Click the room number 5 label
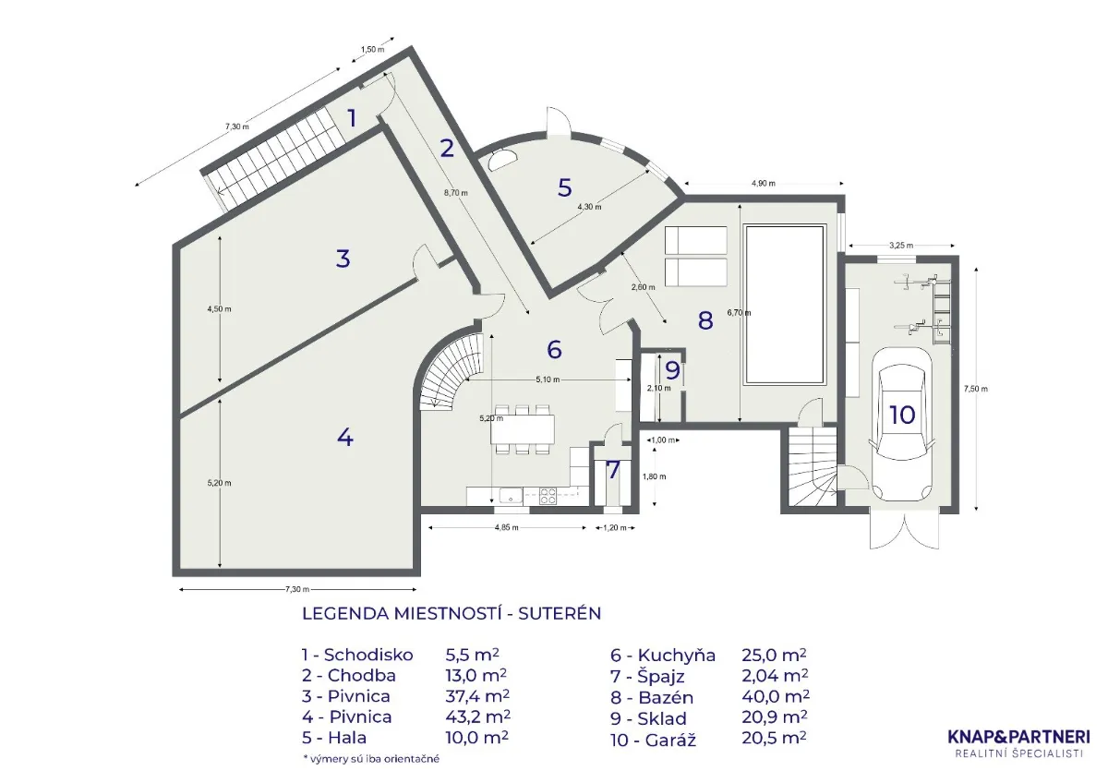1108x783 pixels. pyautogui.click(x=564, y=187)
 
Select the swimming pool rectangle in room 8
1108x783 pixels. pyautogui.click(x=786, y=305)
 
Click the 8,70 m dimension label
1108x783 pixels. pyautogui.click(x=455, y=193)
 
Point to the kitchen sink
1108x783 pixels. pyautogui.click(x=511, y=495)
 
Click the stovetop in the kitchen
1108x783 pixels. pyautogui.click(x=547, y=496)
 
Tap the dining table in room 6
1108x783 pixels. pyautogui.click(x=523, y=428)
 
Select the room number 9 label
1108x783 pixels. pyautogui.click(x=672, y=369)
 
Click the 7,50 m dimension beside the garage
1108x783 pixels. pyautogui.click(x=975, y=389)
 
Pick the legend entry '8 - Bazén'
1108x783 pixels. pyautogui.click(x=652, y=697)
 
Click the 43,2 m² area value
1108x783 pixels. pyautogui.click(x=477, y=717)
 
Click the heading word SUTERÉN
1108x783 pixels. pyautogui.click(x=560, y=613)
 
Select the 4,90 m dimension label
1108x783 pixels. pyautogui.click(x=764, y=184)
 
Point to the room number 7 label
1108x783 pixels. pyautogui.click(x=613, y=470)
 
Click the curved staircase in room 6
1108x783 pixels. pyautogui.click(x=452, y=371)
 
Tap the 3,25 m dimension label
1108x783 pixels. pyautogui.click(x=901, y=245)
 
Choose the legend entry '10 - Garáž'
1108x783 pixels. pyautogui.click(x=654, y=740)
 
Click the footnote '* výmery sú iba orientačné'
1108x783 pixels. pyautogui.click(x=371, y=759)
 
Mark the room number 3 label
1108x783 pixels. pyautogui.click(x=343, y=259)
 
